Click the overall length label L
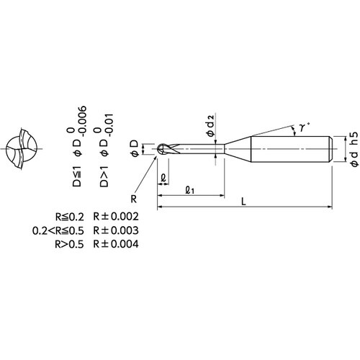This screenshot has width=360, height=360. tap(243, 202)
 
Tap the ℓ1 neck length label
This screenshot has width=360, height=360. tap(190, 190)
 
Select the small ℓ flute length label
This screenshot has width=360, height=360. tap(163, 179)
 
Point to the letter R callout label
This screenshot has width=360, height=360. tap(134, 199)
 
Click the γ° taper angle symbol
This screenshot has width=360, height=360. tap(303, 127)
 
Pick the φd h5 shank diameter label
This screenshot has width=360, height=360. tap(355, 149)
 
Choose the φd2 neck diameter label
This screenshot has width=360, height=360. tap(210, 125)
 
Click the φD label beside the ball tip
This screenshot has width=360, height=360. tap(135, 148)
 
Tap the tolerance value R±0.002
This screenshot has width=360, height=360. tap(116, 217)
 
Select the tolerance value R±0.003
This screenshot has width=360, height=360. tap(116, 230)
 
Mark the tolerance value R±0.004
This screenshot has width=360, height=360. tap(116, 244)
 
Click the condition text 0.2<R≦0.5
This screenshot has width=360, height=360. tap(58, 230)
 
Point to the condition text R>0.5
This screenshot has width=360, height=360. tap(69, 244)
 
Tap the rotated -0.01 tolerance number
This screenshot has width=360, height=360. tap(109, 125)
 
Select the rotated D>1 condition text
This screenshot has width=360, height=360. tap(104, 176)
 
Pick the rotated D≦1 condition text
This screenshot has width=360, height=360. tap(77, 176)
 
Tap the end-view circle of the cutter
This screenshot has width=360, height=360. tap(22, 149)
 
